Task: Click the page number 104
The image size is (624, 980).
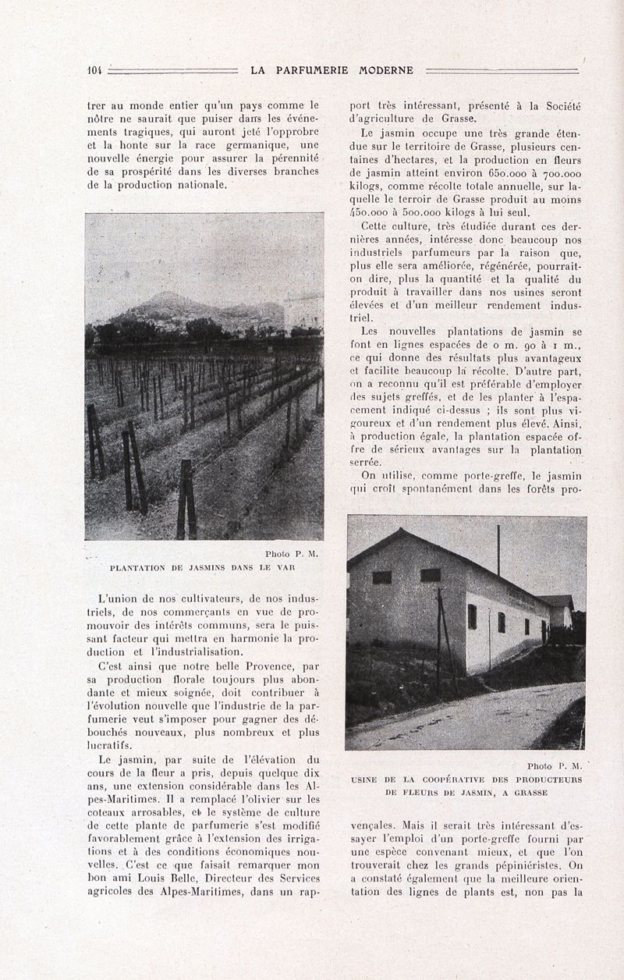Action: (x=94, y=70)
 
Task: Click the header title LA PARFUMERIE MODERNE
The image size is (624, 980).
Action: (x=332, y=70)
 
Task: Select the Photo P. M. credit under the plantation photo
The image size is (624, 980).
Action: (x=292, y=554)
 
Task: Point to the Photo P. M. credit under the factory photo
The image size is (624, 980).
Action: (x=555, y=766)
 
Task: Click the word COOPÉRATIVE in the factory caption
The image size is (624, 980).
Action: (x=453, y=779)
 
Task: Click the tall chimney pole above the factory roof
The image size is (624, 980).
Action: (x=498, y=550)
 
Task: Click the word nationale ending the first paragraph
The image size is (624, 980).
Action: (x=195, y=186)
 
